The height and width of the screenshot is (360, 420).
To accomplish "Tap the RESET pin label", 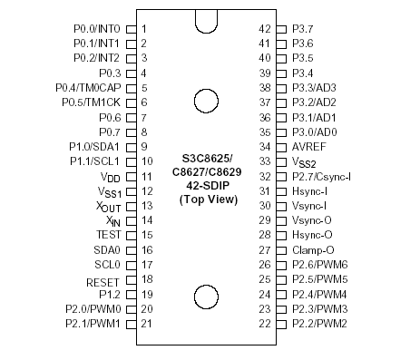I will (103, 282).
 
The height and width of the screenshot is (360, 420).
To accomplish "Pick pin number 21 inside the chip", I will (145, 324).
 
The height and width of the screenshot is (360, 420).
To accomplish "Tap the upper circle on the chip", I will (205, 101).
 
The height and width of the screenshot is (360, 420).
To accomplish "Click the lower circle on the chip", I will (205, 297).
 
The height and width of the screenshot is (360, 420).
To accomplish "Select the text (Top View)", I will (205, 199).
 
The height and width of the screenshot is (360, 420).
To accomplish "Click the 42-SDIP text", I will (205, 185).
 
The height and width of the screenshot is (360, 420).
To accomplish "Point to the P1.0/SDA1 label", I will (95, 146).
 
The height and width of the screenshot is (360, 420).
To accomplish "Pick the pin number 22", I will (266, 324).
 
